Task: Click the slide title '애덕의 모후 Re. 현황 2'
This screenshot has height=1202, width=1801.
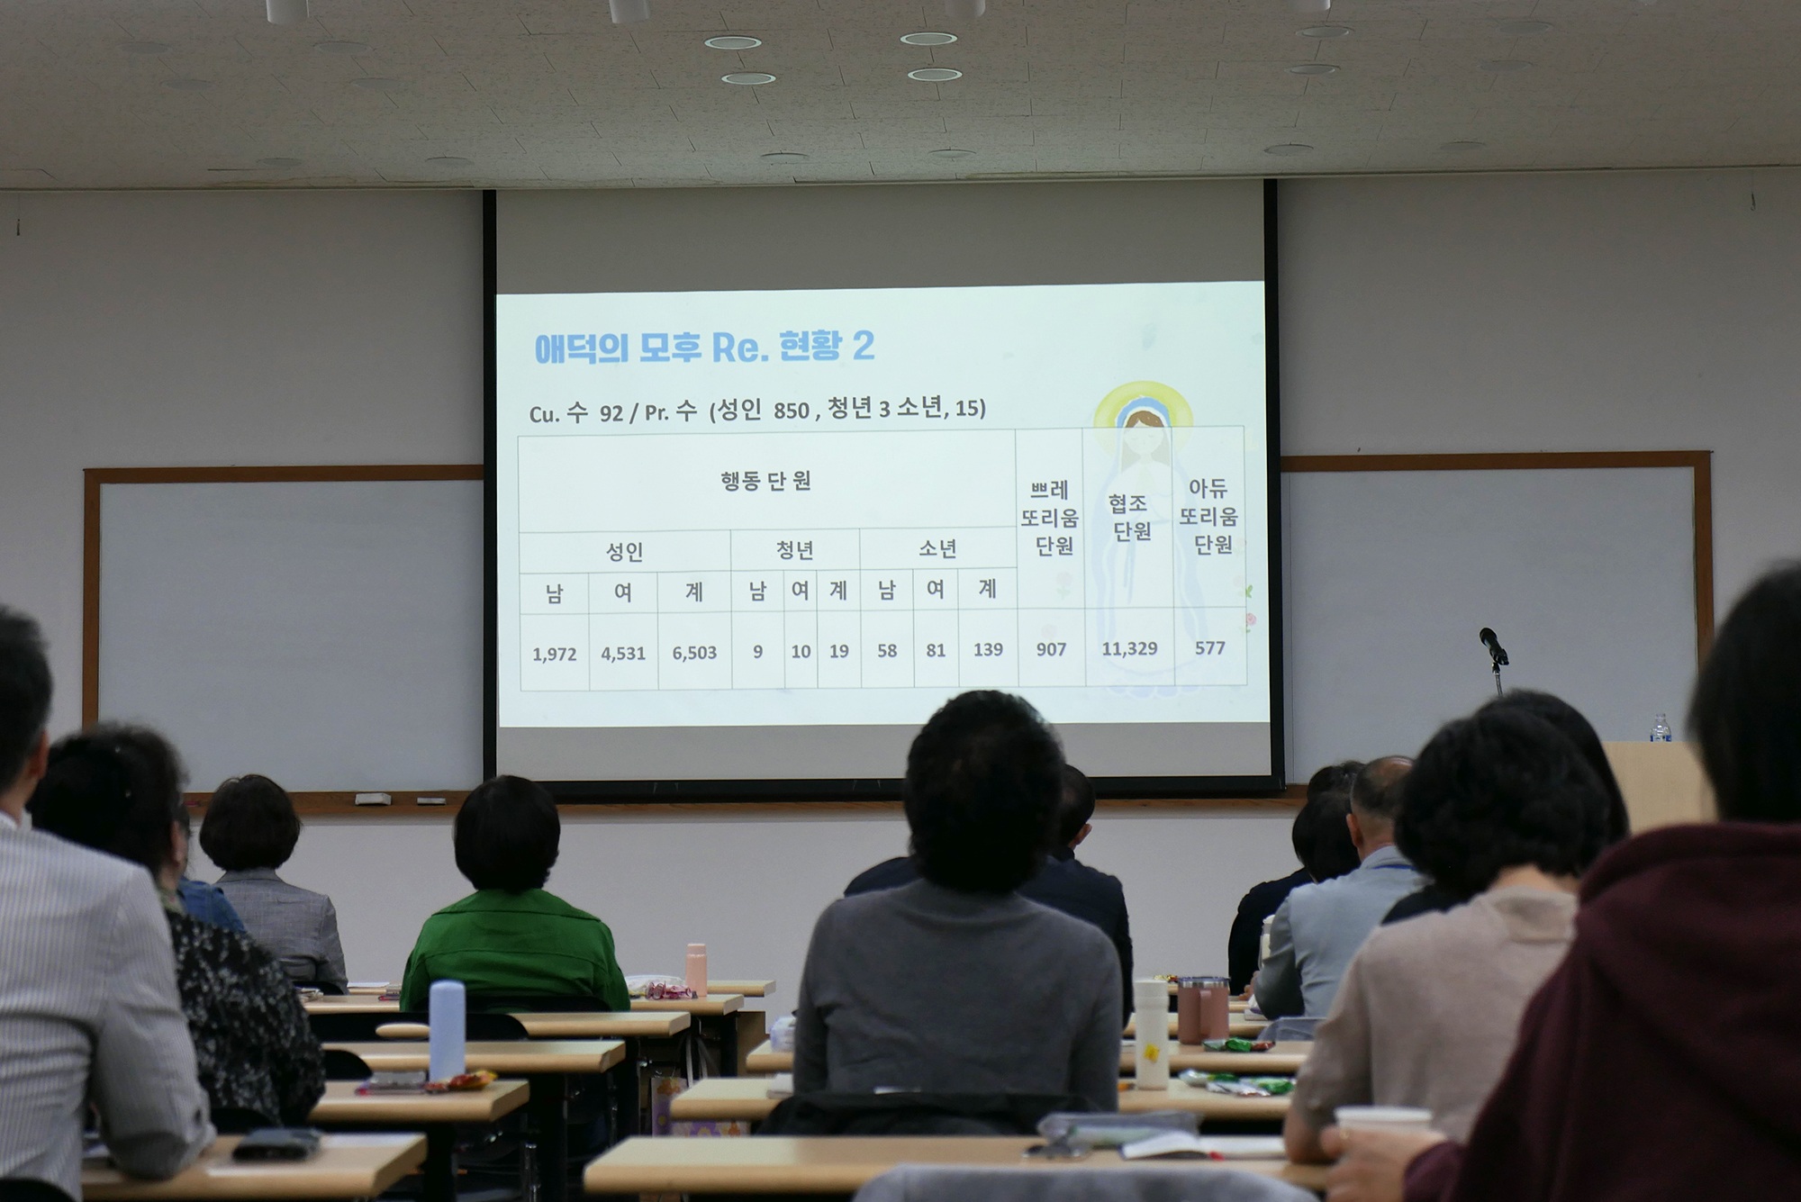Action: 704,347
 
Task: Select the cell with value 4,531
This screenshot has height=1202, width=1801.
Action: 623,654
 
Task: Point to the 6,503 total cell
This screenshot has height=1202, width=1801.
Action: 694,653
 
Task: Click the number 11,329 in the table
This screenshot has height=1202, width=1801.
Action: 1129,648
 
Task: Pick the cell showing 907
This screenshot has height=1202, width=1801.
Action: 1051,649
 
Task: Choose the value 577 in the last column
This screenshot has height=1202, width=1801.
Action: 1210,648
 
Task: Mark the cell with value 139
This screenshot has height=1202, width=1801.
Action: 988,649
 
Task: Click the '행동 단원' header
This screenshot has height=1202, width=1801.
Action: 765,481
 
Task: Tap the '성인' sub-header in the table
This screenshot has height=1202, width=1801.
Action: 624,551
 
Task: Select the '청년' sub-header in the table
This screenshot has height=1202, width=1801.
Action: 794,549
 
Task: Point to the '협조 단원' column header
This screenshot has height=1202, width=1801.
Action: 1129,517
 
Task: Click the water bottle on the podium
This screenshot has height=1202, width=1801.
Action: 1661,728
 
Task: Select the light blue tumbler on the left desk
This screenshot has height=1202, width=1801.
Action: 447,1030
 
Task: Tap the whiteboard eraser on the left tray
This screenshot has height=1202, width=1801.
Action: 373,799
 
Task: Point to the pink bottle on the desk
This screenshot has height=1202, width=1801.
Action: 696,970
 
